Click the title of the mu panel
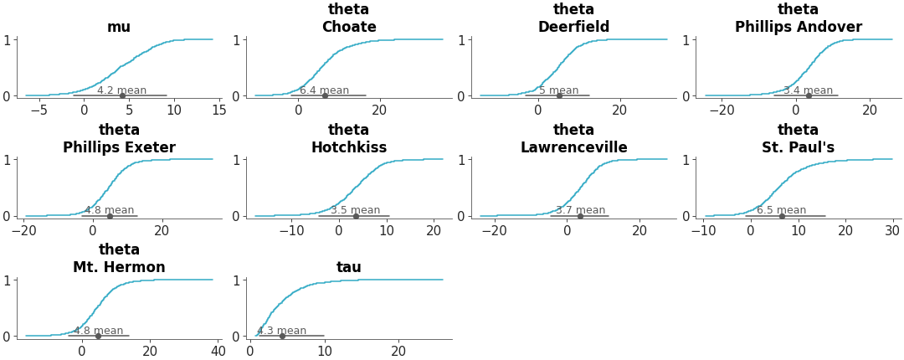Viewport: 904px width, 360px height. pos(119,27)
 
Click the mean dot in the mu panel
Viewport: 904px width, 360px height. pos(122,95)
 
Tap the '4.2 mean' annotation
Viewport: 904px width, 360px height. pos(121,90)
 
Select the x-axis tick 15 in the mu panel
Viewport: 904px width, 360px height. pos(218,110)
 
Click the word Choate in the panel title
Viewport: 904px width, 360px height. pos(348,27)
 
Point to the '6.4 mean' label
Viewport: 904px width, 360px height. pos(324,90)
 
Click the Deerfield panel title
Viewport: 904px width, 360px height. pos(573,27)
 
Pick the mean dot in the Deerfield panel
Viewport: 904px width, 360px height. pos(559,95)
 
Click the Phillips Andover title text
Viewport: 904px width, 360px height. pos(798,27)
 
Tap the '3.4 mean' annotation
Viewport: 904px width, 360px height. pos(808,90)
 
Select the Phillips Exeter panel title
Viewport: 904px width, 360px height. pos(119,147)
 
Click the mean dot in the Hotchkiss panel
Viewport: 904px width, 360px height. pos(356,216)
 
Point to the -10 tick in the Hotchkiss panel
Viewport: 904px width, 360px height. pos(290,230)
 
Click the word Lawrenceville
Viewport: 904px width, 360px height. pos(573,147)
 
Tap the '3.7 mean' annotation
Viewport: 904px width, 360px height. pos(580,210)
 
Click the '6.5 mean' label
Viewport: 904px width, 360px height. pos(781,210)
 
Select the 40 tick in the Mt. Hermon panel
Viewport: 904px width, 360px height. pos(218,351)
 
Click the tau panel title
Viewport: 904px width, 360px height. pos(348,267)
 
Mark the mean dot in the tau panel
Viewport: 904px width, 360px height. pos(282,336)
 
